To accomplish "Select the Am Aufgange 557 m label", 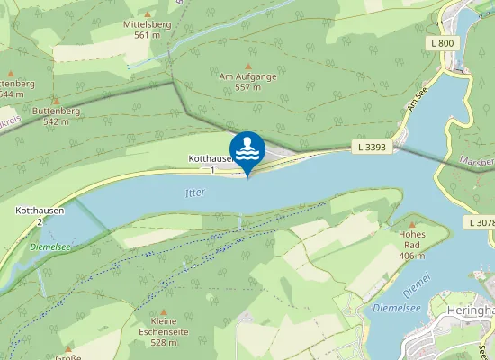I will point(247,82).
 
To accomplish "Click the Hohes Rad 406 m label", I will point(412,245).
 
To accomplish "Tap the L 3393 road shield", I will point(371,146).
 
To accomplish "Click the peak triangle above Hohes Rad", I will point(413,225).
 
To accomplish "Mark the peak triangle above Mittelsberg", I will point(148,14).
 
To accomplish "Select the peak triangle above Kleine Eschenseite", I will point(164,310).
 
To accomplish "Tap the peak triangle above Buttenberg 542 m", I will point(56,101).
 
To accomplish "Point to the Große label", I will point(68,356).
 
